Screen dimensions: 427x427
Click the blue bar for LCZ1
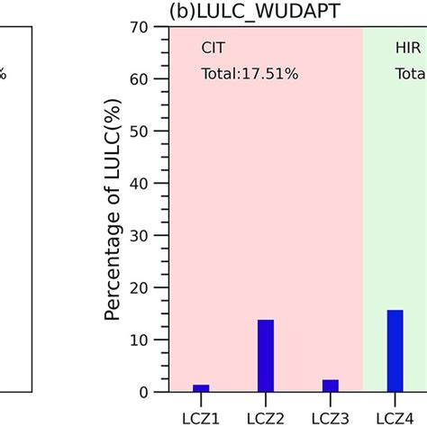point(201,388)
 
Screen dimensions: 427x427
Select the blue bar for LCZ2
point(265,356)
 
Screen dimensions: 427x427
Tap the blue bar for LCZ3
point(330,386)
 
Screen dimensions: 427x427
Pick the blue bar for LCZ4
point(395,351)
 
